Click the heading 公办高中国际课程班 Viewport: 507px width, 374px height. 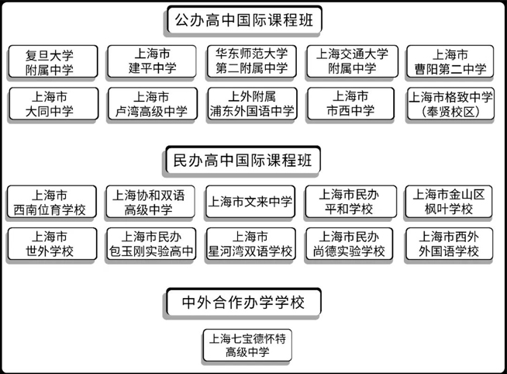pyautogui.click(x=244, y=19)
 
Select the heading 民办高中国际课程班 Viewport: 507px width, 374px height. pyautogui.click(x=244, y=161)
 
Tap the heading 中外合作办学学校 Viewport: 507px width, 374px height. pyautogui.click(x=244, y=301)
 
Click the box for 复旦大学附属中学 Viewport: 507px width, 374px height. pyautogui.click(x=52, y=61)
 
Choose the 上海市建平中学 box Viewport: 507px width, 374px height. pyautogui.click(x=152, y=61)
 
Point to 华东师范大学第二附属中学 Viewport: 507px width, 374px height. pyautogui.click(x=251, y=61)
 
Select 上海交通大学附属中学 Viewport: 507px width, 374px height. pyautogui.click(x=352, y=61)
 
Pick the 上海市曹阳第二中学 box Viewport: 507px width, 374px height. pyautogui.click(x=450, y=61)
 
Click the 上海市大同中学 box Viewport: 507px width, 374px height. pyautogui.click(x=52, y=104)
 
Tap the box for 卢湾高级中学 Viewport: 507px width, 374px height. pyautogui.click(x=152, y=104)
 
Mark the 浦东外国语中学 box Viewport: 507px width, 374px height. pyautogui.click(x=251, y=104)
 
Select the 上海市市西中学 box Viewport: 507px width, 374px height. pyautogui.click(x=352, y=104)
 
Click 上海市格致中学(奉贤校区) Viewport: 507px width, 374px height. pyautogui.click(x=450, y=104)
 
